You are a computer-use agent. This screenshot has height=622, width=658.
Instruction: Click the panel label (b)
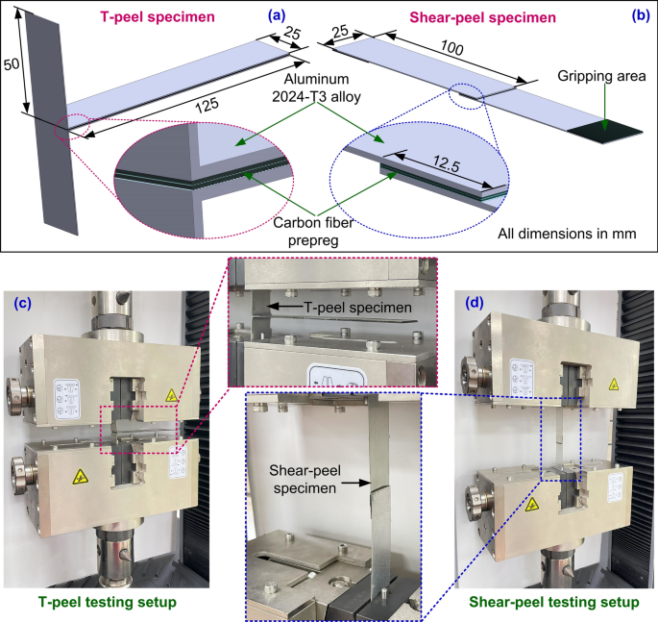click(637, 15)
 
